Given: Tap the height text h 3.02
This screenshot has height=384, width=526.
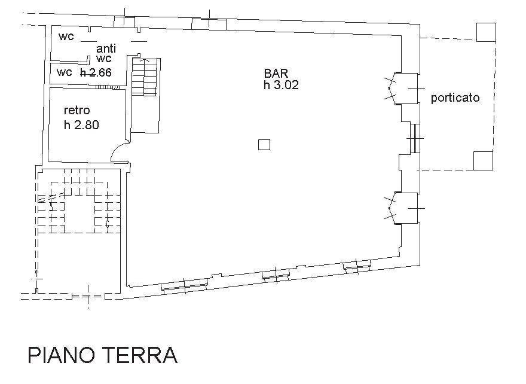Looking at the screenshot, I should [281, 85].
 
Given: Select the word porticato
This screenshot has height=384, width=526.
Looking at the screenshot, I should [455, 97].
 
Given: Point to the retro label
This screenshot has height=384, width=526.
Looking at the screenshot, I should [77, 111].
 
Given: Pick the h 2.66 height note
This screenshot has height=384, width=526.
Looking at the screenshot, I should [96, 73].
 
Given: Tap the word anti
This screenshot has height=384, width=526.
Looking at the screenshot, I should [106, 48].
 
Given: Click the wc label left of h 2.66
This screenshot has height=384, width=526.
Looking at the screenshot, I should [65, 72].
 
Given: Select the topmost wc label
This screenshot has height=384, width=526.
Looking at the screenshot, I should [66, 36].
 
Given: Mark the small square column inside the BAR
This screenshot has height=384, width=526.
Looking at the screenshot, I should [264, 144].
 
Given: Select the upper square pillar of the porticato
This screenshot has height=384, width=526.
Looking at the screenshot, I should [485, 31].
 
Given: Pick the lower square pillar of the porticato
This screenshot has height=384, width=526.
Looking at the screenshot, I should [483, 161].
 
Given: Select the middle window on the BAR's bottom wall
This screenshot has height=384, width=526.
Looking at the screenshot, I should [276, 275].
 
